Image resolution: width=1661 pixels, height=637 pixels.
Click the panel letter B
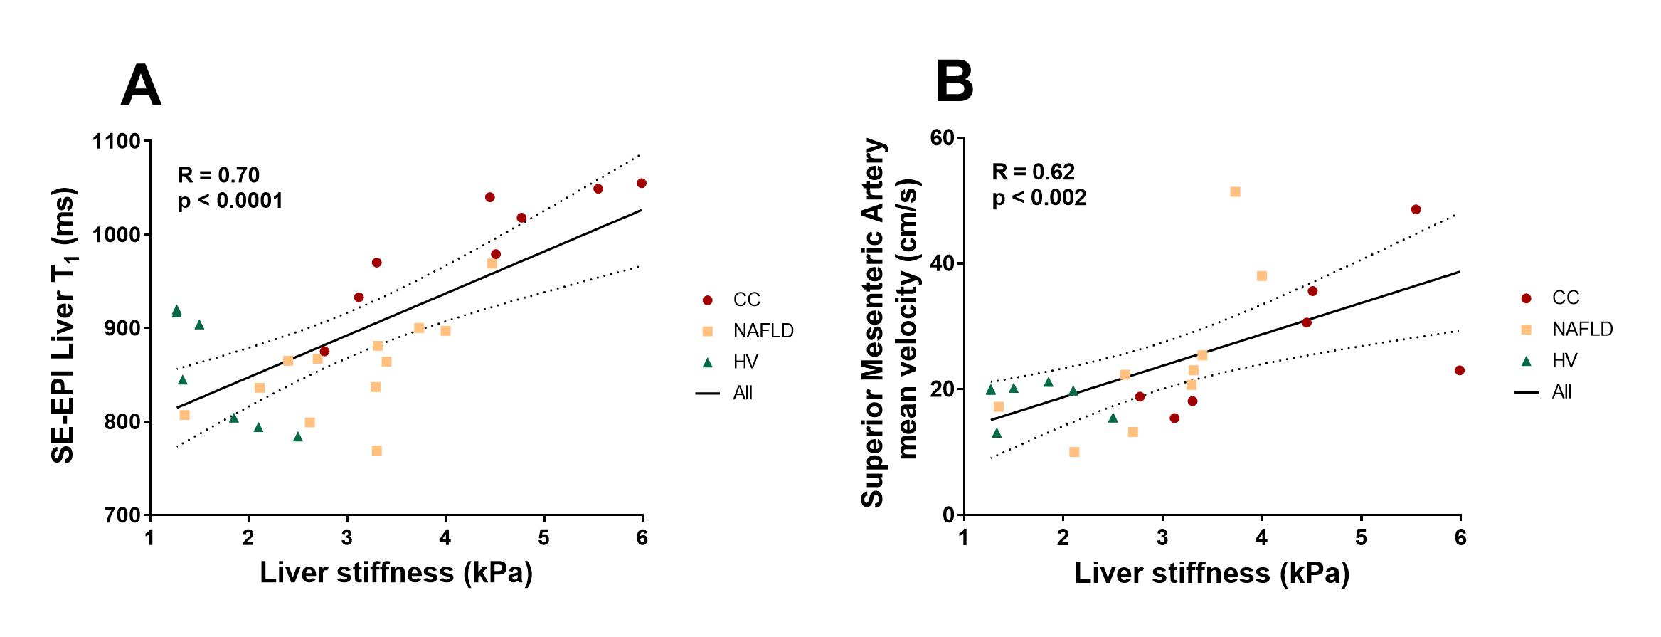(954, 82)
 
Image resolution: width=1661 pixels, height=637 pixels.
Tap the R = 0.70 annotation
(218, 174)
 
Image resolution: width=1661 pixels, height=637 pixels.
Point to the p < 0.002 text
(1039, 198)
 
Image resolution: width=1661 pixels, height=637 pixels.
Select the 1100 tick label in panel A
(115, 142)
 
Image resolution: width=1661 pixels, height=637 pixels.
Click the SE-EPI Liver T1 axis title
(64, 325)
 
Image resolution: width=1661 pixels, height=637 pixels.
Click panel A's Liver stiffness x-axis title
(396, 574)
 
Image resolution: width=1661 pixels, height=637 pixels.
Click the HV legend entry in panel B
(1564, 361)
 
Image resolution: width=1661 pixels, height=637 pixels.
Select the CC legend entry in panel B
(1565, 298)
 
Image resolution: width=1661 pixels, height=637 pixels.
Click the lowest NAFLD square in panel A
(377, 451)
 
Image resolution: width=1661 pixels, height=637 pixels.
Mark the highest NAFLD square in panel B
(1235, 191)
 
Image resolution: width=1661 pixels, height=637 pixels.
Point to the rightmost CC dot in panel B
(1460, 370)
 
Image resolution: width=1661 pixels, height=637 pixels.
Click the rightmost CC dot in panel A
(641, 183)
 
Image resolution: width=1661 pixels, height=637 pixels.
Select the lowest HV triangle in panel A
(297, 436)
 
